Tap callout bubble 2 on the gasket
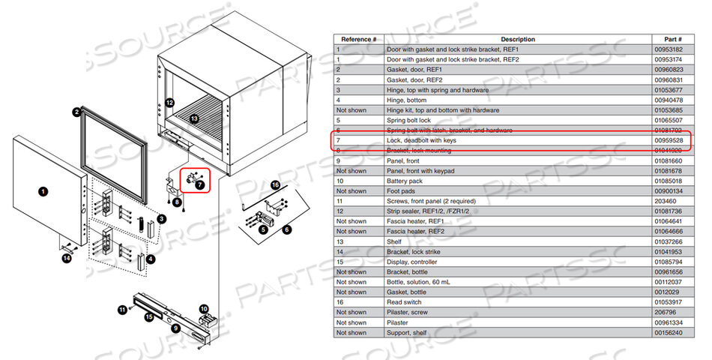click(76, 112)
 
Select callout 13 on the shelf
click(194, 118)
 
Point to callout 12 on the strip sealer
click(170, 102)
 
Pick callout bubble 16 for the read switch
click(275, 184)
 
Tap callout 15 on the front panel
click(150, 318)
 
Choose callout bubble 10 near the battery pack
click(203, 308)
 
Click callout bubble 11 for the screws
click(121, 309)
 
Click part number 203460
click(666, 201)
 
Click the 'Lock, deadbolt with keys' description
click(420, 140)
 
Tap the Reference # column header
click(358, 39)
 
